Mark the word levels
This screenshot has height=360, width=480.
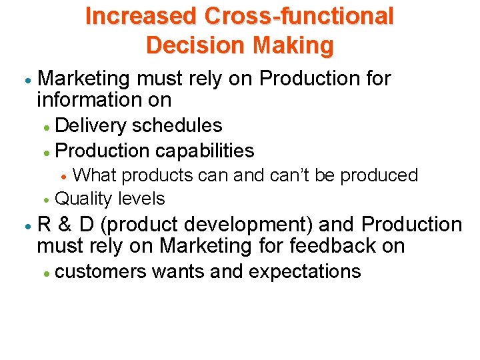pos(141,199)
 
